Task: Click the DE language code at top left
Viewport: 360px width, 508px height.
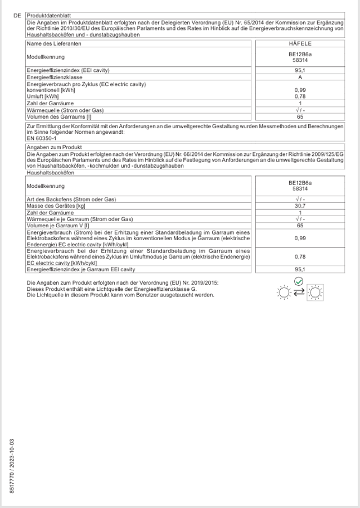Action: (17, 16)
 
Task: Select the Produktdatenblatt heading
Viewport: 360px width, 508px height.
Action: (46, 16)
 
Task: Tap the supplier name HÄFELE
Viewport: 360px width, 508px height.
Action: (300, 43)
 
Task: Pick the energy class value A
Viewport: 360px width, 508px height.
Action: (300, 77)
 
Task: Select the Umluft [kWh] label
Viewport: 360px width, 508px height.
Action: (43, 96)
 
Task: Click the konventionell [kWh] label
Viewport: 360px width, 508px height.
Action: (51, 90)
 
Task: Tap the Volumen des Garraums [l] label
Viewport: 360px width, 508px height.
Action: (58, 116)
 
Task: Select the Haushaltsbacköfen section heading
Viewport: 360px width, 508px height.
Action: (51, 173)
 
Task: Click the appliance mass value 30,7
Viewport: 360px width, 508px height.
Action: (300, 206)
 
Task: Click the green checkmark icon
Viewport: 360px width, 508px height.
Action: (299, 281)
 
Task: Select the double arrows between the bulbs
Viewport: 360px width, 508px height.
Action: (299, 291)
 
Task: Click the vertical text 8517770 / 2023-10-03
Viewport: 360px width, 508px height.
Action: (12, 466)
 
